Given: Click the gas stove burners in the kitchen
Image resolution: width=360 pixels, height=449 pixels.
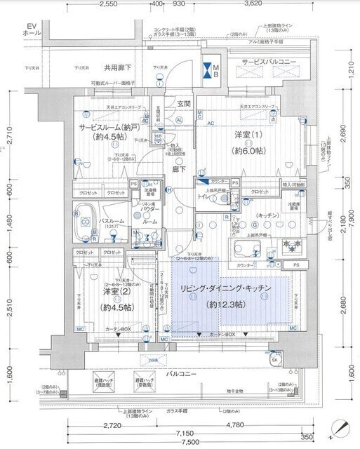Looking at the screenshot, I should tap(290, 246).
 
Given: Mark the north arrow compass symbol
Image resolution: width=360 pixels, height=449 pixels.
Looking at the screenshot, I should tap(340, 425).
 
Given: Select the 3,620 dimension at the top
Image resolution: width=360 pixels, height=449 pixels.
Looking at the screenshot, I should tap(253, 4).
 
